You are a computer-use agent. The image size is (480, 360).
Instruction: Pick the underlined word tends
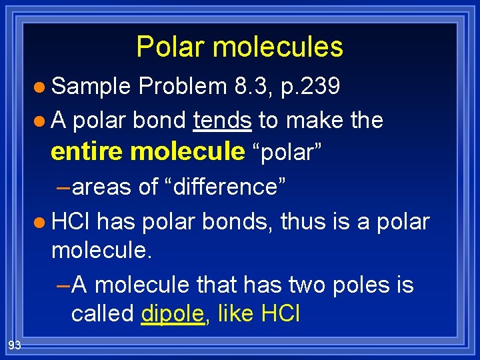point(222,120)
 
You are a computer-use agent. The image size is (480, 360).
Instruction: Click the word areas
point(101,187)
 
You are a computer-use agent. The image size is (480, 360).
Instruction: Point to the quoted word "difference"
point(226,187)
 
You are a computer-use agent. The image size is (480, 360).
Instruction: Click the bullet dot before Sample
point(41,87)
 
